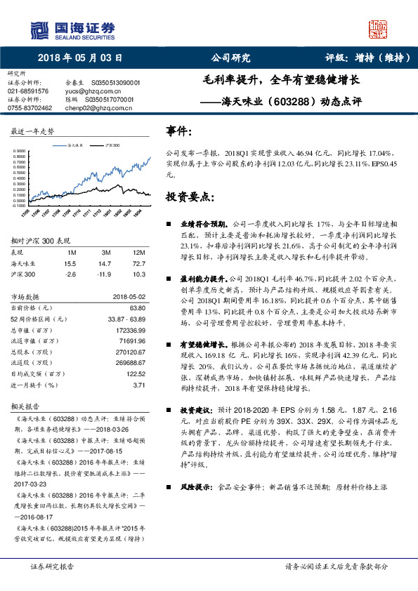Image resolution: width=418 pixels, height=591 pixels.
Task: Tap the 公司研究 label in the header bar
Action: tap(230, 58)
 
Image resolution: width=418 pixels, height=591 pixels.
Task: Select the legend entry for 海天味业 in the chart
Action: tap(72, 145)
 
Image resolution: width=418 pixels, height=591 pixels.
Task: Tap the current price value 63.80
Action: tap(138, 307)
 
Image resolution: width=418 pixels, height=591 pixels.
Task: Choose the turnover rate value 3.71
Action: tap(139, 385)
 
